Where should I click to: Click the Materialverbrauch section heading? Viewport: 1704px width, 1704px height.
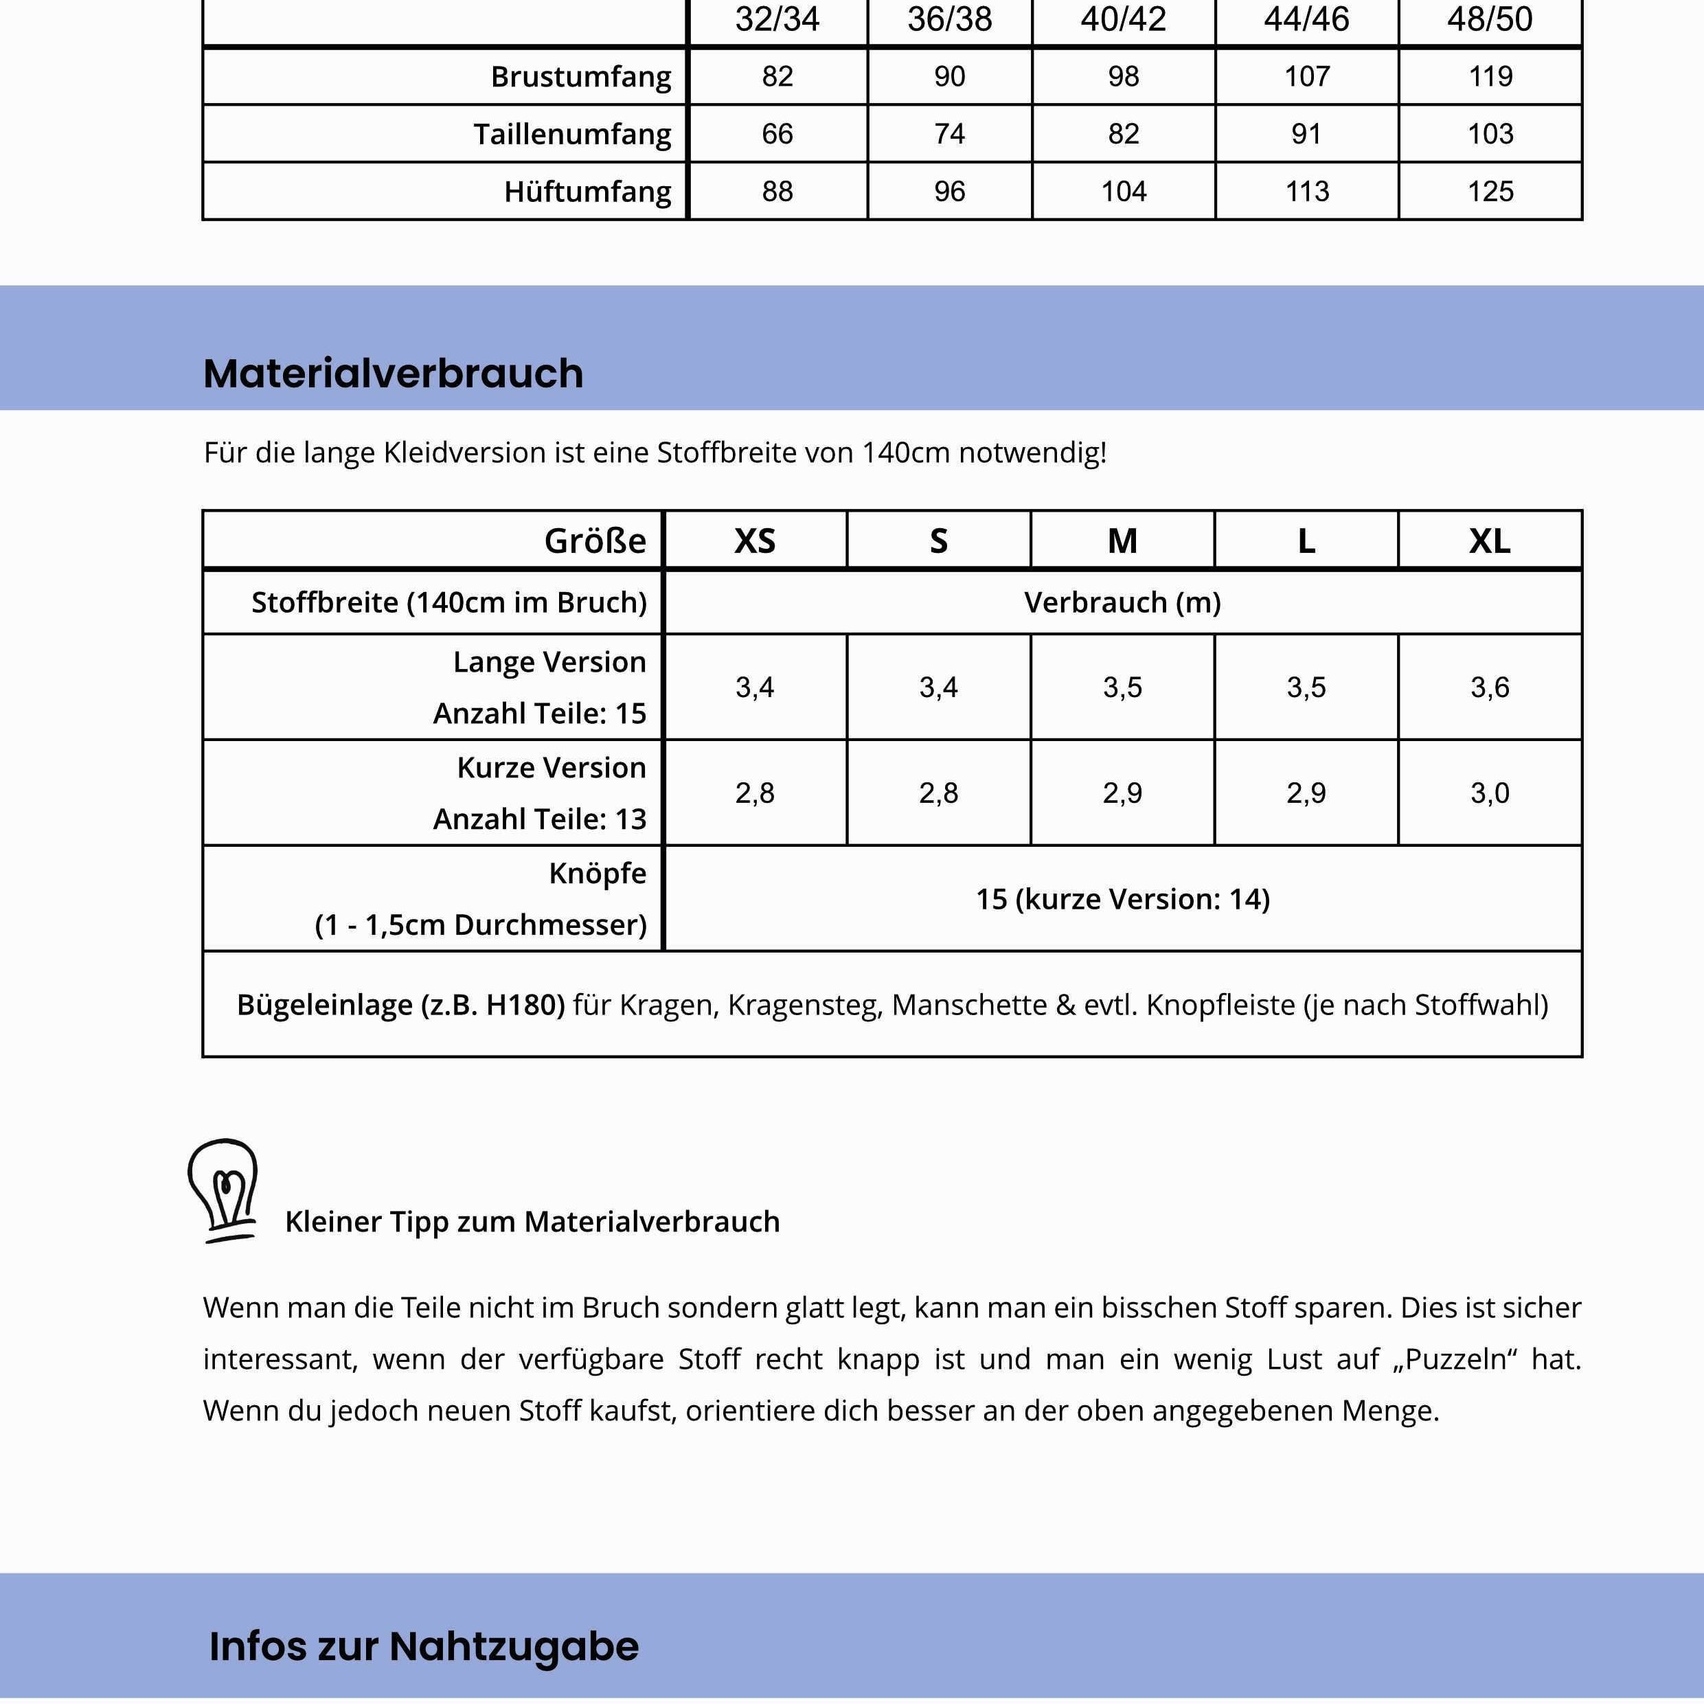click(x=394, y=373)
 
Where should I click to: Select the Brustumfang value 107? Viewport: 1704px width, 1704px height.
click(x=1306, y=77)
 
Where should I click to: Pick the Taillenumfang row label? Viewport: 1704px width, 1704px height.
click(x=571, y=134)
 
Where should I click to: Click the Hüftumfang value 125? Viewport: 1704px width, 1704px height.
click(x=1490, y=192)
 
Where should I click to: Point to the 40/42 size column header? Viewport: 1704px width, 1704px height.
click(x=1123, y=19)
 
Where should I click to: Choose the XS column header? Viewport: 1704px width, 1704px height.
click(x=755, y=541)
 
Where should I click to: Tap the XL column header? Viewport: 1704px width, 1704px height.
click(x=1490, y=541)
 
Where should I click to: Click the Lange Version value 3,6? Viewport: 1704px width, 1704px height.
click(x=1490, y=687)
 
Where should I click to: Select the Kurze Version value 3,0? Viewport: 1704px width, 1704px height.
click(x=1490, y=793)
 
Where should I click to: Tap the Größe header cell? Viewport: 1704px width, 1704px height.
click(x=595, y=541)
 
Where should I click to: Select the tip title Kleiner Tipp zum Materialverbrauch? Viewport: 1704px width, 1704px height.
click(x=532, y=1222)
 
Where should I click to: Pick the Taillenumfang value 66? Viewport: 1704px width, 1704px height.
click(x=777, y=134)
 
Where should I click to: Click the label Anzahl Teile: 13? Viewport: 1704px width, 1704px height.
click(x=540, y=819)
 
